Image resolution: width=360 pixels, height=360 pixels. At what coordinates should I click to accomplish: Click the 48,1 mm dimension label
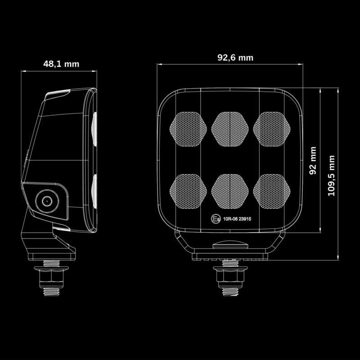coord(61,64)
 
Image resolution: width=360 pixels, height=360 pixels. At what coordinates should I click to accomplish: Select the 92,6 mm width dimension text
coord(235,58)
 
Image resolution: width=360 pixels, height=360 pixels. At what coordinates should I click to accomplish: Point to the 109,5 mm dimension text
coord(332,175)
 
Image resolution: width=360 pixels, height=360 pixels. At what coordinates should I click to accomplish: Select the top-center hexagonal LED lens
coord(230,129)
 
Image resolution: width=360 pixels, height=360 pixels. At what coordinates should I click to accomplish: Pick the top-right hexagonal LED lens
coord(271,129)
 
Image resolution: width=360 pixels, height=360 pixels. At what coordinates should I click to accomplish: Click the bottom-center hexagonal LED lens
coord(230,191)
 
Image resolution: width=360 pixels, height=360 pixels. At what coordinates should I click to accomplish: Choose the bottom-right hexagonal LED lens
coord(271,191)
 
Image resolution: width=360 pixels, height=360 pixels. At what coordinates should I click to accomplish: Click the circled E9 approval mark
coord(215,220)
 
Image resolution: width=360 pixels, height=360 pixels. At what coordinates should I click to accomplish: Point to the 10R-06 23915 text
coord(238,220)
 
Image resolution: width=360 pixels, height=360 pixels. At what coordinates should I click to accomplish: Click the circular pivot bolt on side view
coord(46,201)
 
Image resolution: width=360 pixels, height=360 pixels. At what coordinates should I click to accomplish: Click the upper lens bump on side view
coord(94,129)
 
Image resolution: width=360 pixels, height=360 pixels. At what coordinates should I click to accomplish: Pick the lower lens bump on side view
coord(94,191)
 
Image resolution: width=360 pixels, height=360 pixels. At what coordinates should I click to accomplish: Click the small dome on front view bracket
coord(230,245)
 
